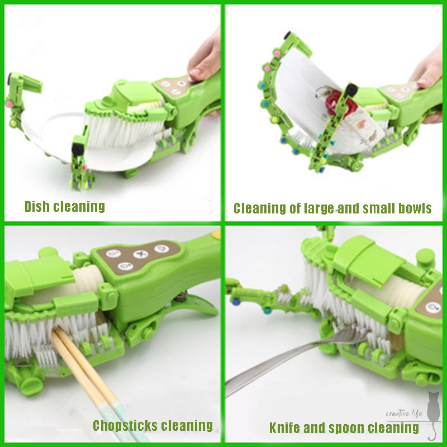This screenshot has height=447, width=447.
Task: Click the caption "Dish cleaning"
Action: click(65, 207)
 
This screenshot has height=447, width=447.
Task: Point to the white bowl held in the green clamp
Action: click(299, 101)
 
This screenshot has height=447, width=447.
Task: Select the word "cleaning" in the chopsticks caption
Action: click(187, 426)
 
